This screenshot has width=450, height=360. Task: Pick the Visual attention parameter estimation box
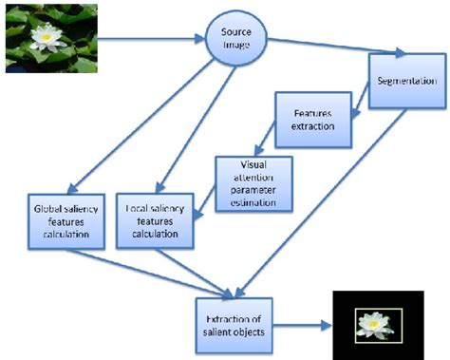click(253, 181)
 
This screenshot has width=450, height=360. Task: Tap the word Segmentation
click(406, 81)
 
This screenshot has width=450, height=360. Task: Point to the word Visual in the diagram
click(252, 164)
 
